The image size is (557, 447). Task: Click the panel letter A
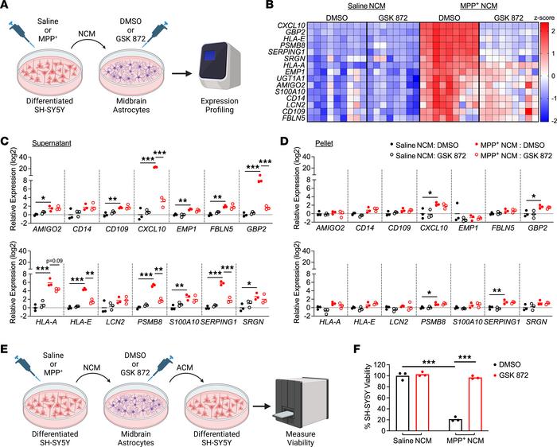coord(6,7)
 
